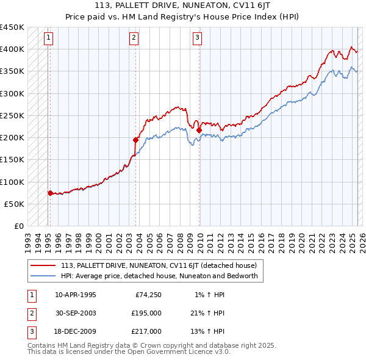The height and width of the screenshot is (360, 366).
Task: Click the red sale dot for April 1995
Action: click(x=50, y=193)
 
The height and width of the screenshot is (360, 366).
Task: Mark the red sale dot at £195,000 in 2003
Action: click(x=136, y=140)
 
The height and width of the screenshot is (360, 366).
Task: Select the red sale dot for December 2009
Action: click(x=199, y=130)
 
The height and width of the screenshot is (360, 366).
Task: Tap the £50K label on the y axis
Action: click(x=15, y=204)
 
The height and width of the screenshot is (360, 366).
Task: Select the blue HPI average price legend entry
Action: click(x=159, y=276)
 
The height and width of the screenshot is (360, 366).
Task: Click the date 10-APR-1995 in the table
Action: click(x=76, y=295)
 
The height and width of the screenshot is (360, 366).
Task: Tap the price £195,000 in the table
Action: click(x=146, y=313)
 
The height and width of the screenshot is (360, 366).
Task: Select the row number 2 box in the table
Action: click(x=31, y=313)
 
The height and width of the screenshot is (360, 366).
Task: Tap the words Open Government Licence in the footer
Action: click(x=175, y=351)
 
